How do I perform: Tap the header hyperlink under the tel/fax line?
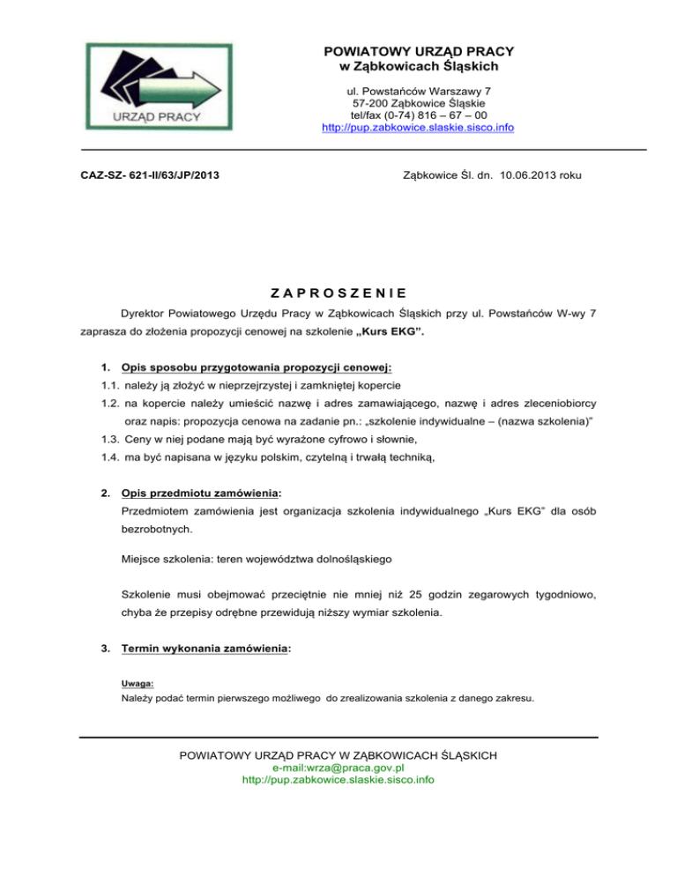[x=419, y=128]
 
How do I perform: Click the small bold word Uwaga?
[x=135, y=682]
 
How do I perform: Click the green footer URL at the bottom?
[x=338, y=780]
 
